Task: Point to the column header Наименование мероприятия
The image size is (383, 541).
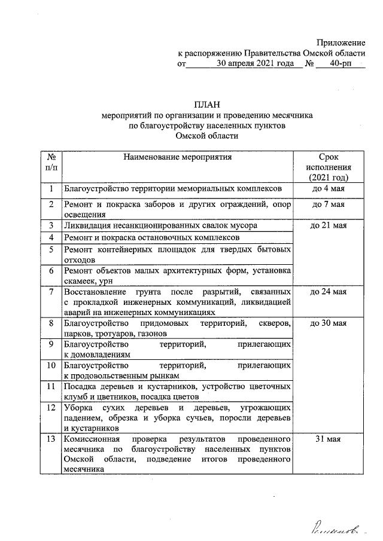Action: point(177,157)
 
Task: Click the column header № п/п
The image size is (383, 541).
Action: point(51,162)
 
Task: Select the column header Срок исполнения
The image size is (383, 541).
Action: point(329,167)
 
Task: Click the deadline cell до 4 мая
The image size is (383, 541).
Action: point(329,189)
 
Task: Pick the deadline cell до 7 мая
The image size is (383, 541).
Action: point(329,205)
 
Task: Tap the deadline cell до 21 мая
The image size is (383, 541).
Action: point(329,226)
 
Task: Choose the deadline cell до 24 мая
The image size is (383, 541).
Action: point(329,292)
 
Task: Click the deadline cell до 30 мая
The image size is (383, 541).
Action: point(329,324)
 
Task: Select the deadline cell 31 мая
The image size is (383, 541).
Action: point(329,439)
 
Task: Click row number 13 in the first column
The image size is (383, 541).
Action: point(51,439)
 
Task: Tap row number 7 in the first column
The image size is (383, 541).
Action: point(51,292)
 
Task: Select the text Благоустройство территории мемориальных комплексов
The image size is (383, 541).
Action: point(171,189)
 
